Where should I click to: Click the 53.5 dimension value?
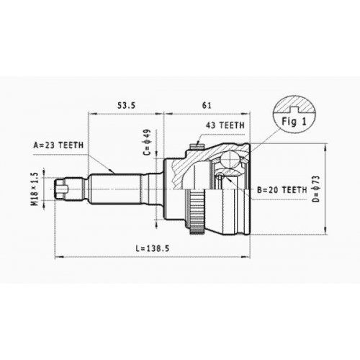tap(126, 105)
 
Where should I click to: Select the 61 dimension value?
tap(207, 105)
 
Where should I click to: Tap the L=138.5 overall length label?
tap(153, 248)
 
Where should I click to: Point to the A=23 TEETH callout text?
tap(58, 145)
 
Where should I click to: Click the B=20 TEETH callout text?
tap(282, 190)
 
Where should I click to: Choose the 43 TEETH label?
tap(225, 125)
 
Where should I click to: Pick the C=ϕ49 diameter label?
tap(148, 142)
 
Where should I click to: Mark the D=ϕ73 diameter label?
tap(317, 189)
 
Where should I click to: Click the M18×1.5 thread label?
tap(35, 189)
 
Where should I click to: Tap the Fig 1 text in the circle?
tap(294, 122)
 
